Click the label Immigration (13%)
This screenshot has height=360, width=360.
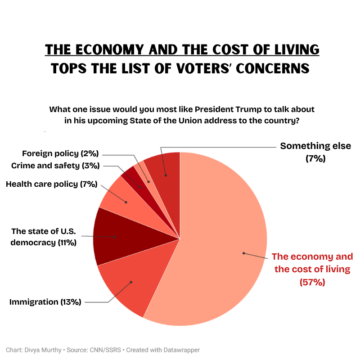[x=45, y=302]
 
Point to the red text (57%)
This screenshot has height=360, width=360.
[x=312, y=282]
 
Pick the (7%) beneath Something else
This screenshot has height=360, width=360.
[x=315, y=158]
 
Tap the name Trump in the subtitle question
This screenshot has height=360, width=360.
[x=234, y=109]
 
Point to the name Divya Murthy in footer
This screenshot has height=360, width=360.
[x=42, y=350]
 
